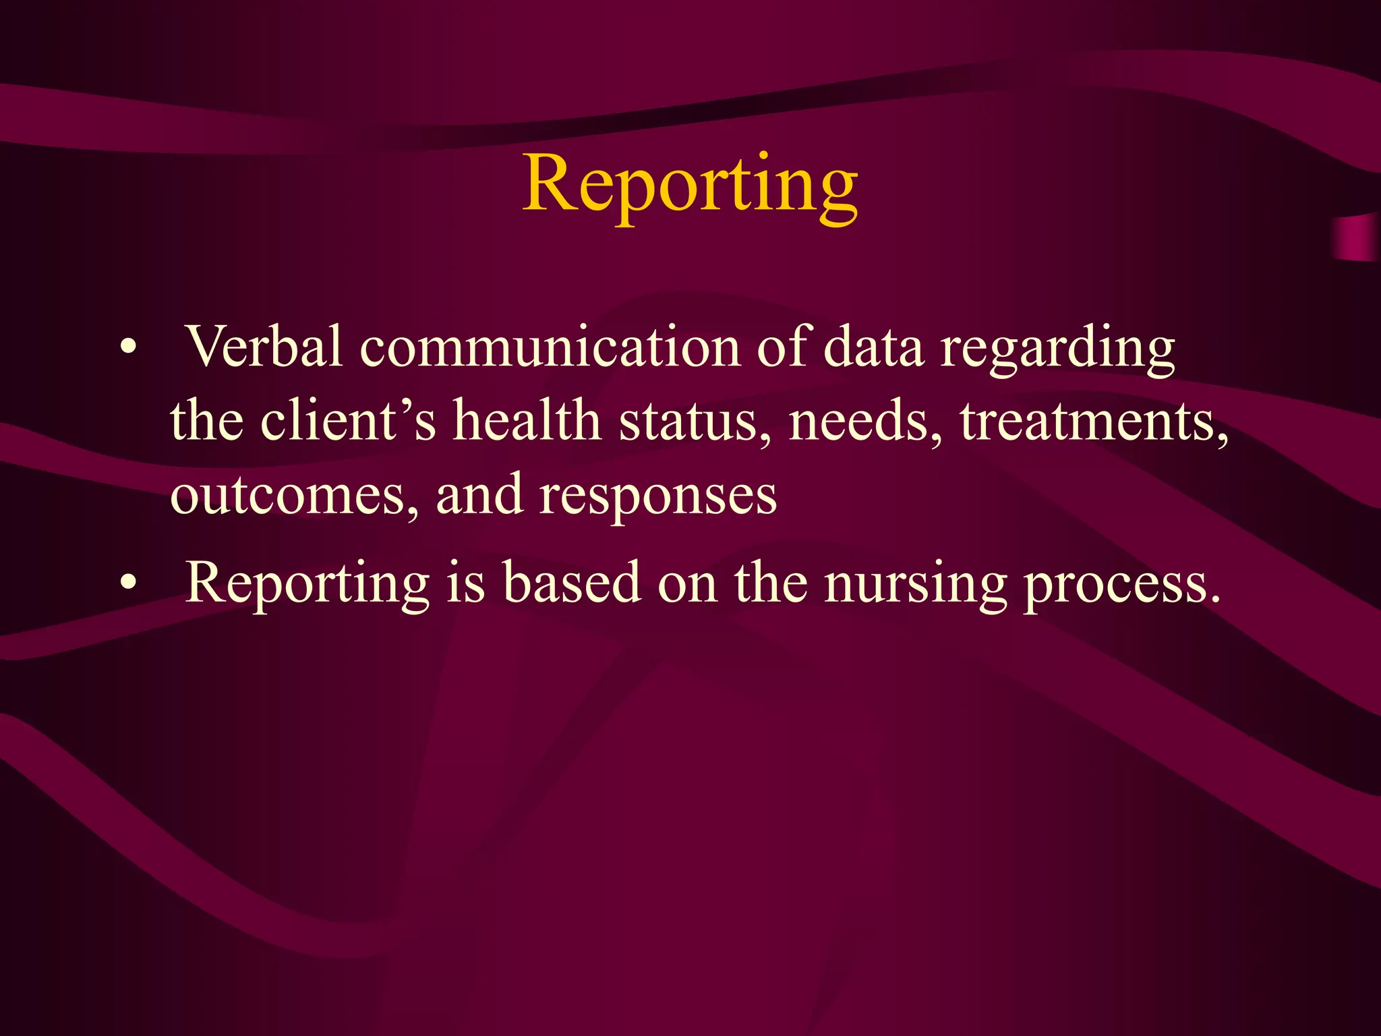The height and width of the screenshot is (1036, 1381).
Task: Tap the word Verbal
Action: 264,347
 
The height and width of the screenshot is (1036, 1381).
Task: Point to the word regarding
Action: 1057,351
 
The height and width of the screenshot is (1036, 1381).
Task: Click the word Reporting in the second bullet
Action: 307,584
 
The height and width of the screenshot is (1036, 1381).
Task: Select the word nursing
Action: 915,585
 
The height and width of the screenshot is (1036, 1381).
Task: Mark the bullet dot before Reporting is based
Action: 128,581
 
